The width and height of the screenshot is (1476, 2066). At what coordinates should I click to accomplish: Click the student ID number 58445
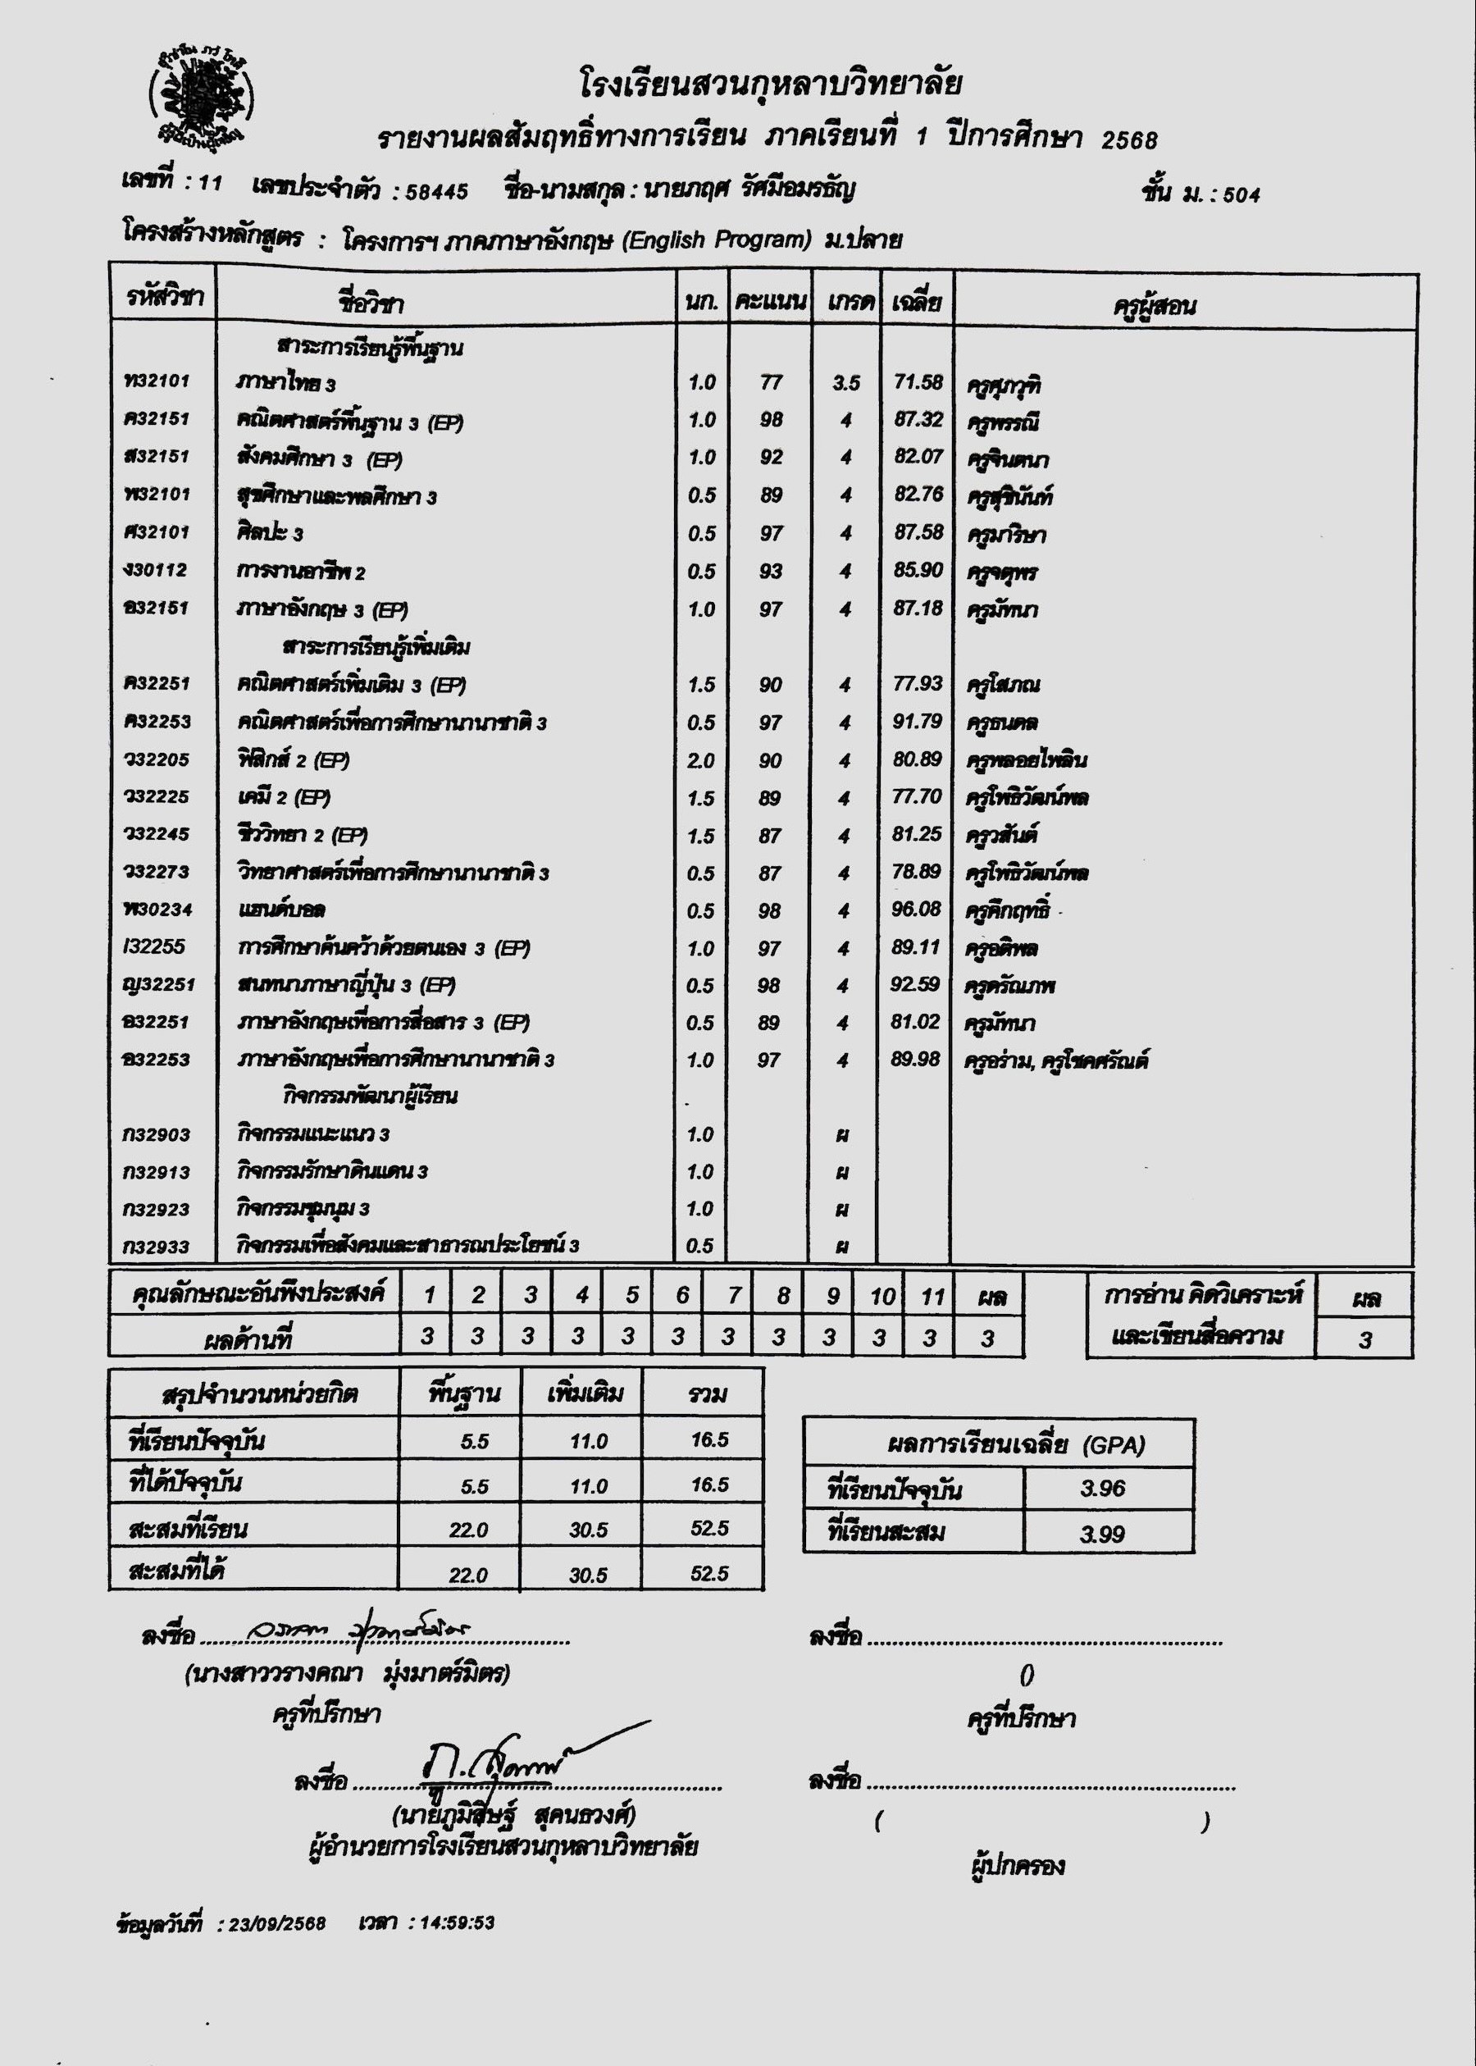pos(437,192)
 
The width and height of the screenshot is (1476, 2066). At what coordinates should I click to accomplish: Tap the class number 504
pos(1241,194)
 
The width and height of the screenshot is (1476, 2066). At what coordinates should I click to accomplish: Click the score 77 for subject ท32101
pos(771,383)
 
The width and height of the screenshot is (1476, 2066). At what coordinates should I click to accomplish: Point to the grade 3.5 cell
pos(845,383)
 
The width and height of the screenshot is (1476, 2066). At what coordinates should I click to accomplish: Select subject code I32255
pos(154,946)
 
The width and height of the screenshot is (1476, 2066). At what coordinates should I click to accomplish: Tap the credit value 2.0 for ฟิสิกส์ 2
pos(701,759)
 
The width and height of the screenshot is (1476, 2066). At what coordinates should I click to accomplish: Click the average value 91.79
pos(917,722)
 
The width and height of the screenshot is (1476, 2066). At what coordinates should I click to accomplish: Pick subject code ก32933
pos(157,1246)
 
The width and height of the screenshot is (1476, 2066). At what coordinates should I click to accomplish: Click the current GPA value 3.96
pos(1102,1488)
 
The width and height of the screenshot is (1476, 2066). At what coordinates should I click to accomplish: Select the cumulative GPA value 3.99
pos(1102,1534)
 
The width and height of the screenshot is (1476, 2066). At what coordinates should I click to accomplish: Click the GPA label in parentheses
pos(1114,1444)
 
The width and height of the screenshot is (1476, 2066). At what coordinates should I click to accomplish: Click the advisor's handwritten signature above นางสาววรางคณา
pos(345,1632)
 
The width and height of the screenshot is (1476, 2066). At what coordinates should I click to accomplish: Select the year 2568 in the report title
pos(1129,139)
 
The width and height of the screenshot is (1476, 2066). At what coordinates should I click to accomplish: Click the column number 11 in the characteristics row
pos(932,1296)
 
